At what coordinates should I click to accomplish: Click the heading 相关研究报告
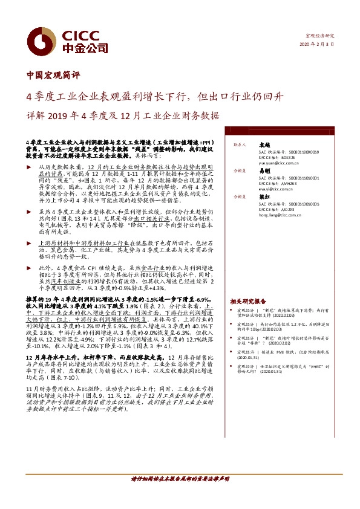pyautogui.click(x=247, y=301)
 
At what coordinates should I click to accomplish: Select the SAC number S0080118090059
pyautogui.click(x=296, y=152)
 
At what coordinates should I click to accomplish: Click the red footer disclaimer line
pyautogui.click(x=180, y=495)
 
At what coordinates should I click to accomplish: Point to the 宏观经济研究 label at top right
pyautogui.click(x=321, y=37)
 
